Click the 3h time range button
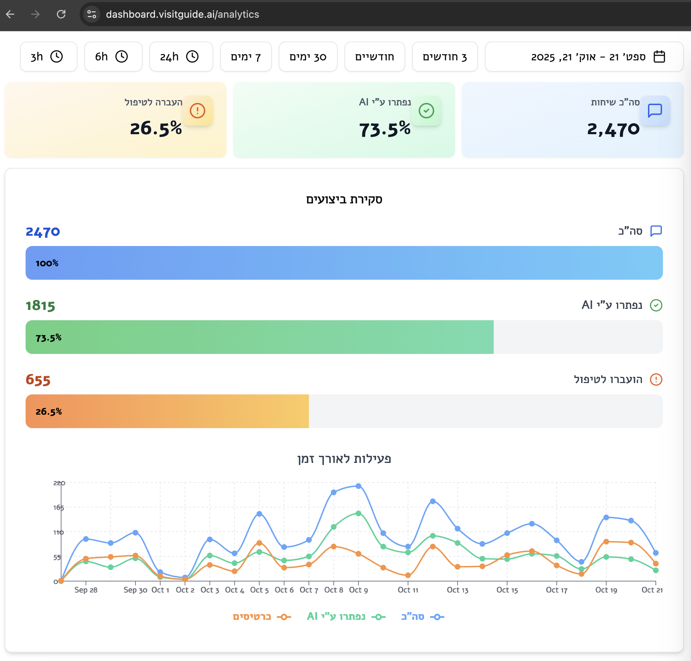(x=48, y=57)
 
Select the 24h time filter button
(x=181, y=57)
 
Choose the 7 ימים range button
(x=246, y=57)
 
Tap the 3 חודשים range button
(x=445, y=57)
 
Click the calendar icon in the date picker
(x=659, y=57)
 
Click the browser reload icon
(x=61, y=14)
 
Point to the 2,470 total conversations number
(x=613, y=129)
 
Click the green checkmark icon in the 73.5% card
(x=426, y=111)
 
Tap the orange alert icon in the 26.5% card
(x=198, y=111)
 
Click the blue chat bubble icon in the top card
(x=655, y=111)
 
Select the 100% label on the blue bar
(x=47, y=263)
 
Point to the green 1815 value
(x=41, y=306)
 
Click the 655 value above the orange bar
(x=38, y=380)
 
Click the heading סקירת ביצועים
(x=344, y=200)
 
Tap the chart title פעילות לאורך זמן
(x=344, y=459)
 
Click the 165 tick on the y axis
(x=59, y=508)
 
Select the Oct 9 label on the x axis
(x=358, y=590)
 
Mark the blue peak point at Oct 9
(x=358, y=486)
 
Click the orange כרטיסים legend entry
(x=262, y=617)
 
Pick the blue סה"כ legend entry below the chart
(x=423, y=617)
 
